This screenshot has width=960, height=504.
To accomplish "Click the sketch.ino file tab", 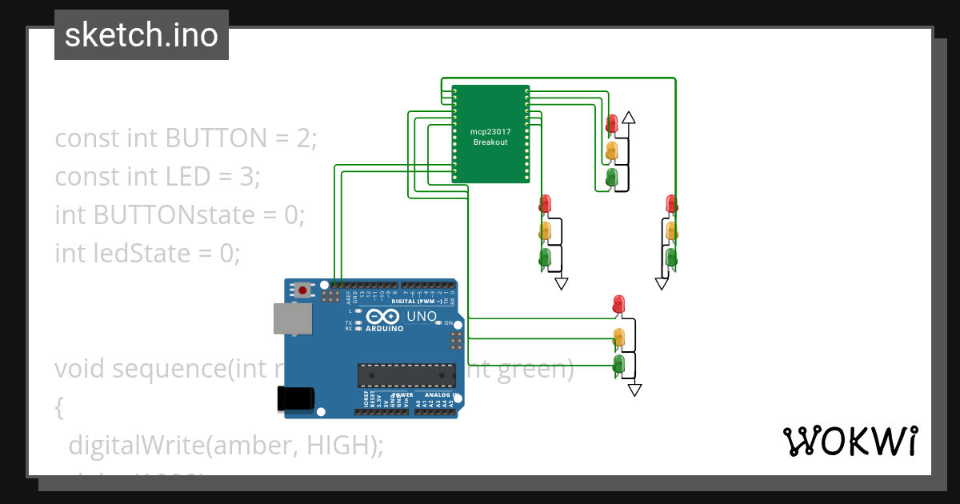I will tap(142, 35).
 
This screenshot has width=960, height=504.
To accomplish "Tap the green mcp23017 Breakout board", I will tap(490, 134).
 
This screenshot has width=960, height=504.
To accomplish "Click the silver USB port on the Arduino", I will tap(292, 318).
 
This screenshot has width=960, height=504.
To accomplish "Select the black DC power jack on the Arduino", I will tap(294, 398).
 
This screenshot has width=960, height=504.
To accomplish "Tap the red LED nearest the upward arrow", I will tap(612, 123).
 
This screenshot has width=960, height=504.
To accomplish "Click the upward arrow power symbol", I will tap(629, 118).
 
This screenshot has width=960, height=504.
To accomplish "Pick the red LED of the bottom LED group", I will tap(618, 304).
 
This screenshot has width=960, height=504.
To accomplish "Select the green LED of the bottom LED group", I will tap(618, 365).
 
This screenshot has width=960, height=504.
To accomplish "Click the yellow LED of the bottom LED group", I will tap(618, 336).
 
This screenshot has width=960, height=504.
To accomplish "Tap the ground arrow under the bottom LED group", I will tap(634, 390).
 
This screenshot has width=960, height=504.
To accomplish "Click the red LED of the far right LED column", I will tap(671, 204).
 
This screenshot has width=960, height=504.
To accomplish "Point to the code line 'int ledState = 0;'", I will tap(147, 254).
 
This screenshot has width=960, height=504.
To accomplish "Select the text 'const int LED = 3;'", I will tap(158, 177).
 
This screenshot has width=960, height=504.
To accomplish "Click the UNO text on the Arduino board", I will tap(422, 317).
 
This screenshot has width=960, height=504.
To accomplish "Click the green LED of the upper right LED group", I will tap(612, 176).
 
